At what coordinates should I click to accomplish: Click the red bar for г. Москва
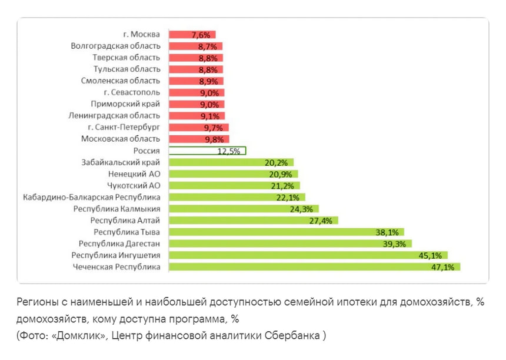point(192,34)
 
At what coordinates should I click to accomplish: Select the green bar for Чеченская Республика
point(314,267)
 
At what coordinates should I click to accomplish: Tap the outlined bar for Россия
point(207,151)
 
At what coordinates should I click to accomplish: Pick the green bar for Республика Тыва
point(283,232)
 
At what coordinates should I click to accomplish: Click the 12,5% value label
point(229,151)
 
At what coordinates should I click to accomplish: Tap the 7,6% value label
point(202,34)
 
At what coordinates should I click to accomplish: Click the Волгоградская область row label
point(115,46)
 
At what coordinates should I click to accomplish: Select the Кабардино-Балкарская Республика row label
point(92,197)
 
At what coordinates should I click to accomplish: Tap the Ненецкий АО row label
point(134,174)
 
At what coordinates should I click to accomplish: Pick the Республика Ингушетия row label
point(116,255)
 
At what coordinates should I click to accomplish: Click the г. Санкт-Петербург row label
point(122,127)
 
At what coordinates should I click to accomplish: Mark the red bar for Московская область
point(198,139)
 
